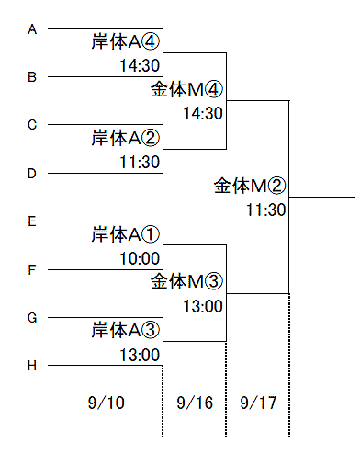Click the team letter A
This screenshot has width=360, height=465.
32,29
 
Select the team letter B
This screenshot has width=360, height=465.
32,77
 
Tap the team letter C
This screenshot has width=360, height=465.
32,125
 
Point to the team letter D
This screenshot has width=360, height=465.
32,174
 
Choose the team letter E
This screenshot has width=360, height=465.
32,221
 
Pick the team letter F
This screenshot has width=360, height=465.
32,270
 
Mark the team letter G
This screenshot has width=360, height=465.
32,318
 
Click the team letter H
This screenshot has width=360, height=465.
32,366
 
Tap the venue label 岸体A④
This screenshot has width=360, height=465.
126,41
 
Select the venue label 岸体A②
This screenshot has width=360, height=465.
126,138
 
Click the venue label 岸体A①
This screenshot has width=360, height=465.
126,234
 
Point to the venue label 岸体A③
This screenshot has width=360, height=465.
126,330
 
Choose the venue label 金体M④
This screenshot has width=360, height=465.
186,89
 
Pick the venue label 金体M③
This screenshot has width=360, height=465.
186,281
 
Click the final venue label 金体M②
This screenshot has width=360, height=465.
250,186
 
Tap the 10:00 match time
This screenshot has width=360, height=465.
140,258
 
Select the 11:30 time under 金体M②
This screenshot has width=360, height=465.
266,210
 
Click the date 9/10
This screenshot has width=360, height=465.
107,403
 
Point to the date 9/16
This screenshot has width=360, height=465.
195,403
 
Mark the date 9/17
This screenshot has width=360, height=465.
258,403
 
